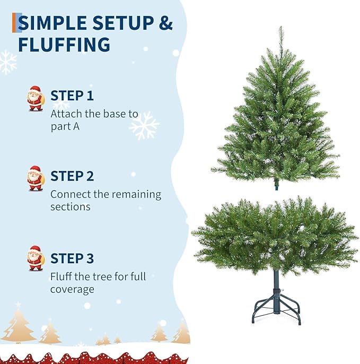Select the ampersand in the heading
pyautogui.click(x=165, y=23)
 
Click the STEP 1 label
pyautogui.click(x=72, y=96)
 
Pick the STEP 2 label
pyautogui.click(x=72, y=176)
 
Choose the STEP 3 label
pyautogui.click(x=72, y=258)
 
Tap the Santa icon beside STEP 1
pyautogui.click(x=36, y=99)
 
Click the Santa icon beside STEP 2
pyautogui.click(x=36, y=178)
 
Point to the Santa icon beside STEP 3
pyautogui.click(x=36, y=258)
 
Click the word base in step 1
pyautogui.click(x=111, y=114)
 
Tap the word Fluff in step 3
pyautogui.click(x=62, y=276)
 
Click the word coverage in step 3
pyautogui.click(x=72, y=290)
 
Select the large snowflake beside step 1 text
pyautogui.click(x=144, y=125)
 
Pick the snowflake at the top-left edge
pyautogui.click(x=7, y=62)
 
